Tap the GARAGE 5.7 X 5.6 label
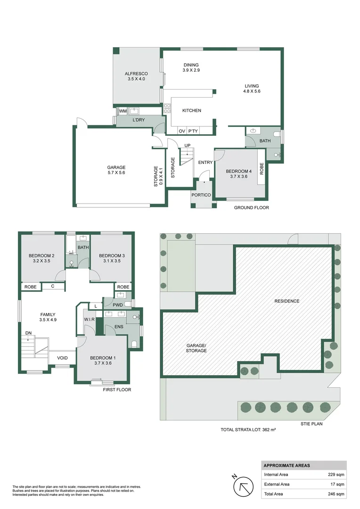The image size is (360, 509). click(x=116, y=170)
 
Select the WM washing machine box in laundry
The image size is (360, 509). click(x=123, y=111)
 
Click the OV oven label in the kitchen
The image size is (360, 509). click(x=182, y=131)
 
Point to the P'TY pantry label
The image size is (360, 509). click(x=193, y=131)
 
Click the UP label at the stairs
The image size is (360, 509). click(x=188, y=146)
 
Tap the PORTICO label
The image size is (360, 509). click(x=201, y=195)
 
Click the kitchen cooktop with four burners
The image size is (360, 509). click(x=167, y=108)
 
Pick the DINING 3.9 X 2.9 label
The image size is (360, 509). click(x=191, y=67)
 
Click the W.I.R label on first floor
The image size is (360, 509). click(x=89, y=320)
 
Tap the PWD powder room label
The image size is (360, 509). click(x=117, y=305)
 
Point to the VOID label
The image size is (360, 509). click(x=62, y=358)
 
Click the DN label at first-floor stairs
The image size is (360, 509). click(x=28, y=333)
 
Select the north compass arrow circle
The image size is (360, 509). click(x=244, y=486)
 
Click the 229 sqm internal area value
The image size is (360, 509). click(x=336, y=474)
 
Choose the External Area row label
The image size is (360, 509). click(x=277, y=484)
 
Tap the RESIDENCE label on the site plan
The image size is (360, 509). click(x=287, y=301)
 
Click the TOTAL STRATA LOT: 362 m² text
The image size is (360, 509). click(x=248, y=429)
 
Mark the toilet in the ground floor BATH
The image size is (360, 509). click(x=277, y=134)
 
